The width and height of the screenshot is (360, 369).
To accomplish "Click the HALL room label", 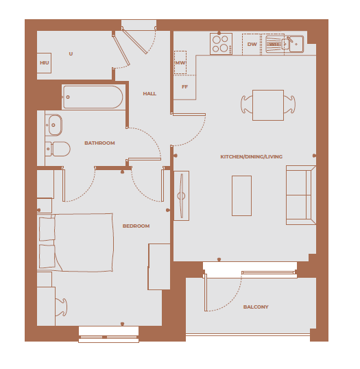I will tap(149, 93).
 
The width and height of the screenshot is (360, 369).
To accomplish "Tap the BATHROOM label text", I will tap(99, 143).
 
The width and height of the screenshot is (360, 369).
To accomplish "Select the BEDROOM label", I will tap(136, 226).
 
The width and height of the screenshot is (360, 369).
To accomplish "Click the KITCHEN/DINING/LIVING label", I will tap(251, 157).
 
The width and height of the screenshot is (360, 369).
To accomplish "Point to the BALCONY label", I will tap(256, 307).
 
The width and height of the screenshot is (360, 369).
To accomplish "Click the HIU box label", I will tap(45, 63).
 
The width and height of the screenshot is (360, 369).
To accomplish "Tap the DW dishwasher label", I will tap(252, 45).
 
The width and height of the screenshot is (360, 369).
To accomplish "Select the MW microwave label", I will tap(180, 63).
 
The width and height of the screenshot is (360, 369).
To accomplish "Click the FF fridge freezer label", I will tap(184, 87).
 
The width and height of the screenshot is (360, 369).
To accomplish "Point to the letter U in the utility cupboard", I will tap(71, 53).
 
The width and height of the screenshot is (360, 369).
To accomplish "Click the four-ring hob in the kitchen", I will tap(221, 43).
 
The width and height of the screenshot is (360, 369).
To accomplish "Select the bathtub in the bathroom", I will tap(93, 97).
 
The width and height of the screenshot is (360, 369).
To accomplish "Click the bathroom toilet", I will tap(59, 148).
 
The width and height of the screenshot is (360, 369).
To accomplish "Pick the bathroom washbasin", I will tap(54, 125).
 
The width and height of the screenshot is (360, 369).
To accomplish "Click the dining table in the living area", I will tap(267, 105).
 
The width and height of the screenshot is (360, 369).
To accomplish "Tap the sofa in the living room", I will tap(300, 195).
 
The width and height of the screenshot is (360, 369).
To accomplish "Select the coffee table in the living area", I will tap(241, 195).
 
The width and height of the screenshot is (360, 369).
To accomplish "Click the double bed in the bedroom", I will tap(79, 241).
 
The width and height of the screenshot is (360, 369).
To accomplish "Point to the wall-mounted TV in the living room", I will tap(181, 195).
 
